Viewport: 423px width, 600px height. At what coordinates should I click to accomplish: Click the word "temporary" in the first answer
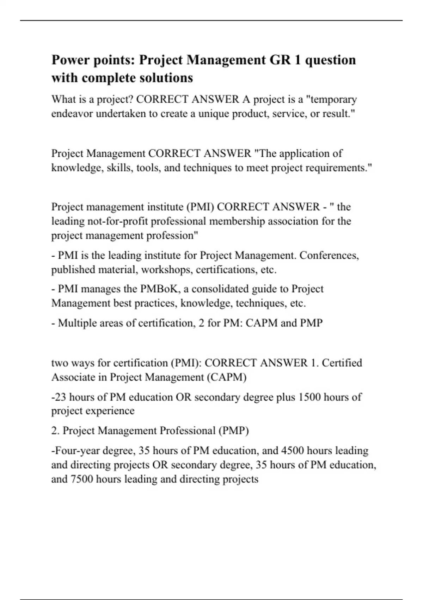(333, 99)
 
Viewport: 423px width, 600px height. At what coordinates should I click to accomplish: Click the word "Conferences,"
(329, 255)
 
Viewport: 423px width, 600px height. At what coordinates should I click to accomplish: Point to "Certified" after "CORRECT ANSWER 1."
(342, 363)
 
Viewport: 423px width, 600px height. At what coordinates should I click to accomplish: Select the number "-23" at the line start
(59, 397)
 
